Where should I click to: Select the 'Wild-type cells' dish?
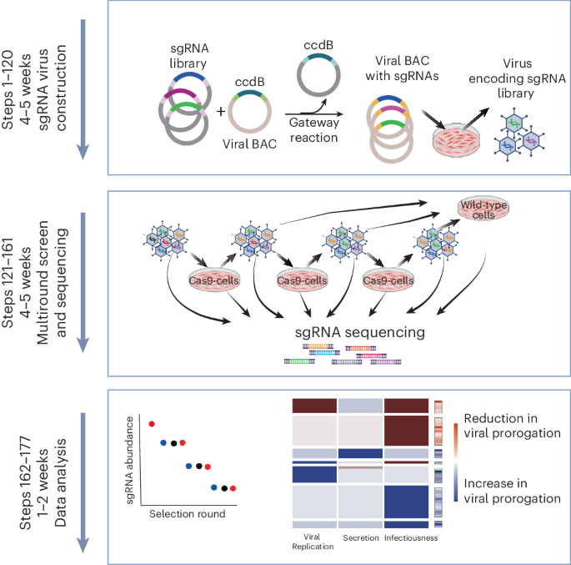pyautogui.click(x=478, y=209)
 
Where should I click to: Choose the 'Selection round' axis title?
pyautogui.click(x=188, y=514)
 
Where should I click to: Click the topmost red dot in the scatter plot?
pyautogui.click(x=152, y=424)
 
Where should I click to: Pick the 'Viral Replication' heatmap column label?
pyautogui.click(x=313, y=542)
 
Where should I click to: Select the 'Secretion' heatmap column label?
pyautogui.click(x=361, y=537)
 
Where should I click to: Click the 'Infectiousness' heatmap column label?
pyautogui.click(x=410, y=537)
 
